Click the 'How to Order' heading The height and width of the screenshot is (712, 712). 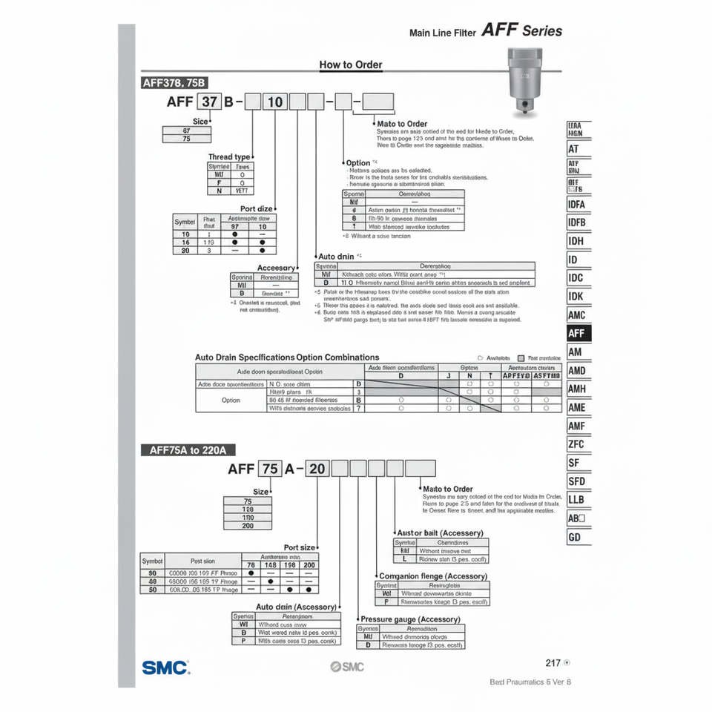tap(351, 65)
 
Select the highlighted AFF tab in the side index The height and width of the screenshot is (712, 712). tap(577, 334)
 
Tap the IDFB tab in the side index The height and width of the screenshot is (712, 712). tap(577, 222)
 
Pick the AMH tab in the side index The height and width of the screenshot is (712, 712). tap(577, 389)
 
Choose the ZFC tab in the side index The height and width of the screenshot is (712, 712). tap(577, 444)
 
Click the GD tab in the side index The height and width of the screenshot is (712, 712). tap(575, 537)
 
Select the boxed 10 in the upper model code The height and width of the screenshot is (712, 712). tap(274, 102)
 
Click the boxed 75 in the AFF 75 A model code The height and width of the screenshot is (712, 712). tap(270, 469)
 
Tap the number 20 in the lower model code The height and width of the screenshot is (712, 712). tap(317, 469)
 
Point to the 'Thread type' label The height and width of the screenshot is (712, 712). tap(229, 157)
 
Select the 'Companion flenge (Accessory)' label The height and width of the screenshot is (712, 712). tap(433, 576)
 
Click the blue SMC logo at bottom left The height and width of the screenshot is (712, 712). tap(165, 667)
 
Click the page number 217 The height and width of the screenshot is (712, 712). tap(553, 663)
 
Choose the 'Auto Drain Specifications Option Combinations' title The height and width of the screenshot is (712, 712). tap(287, 357)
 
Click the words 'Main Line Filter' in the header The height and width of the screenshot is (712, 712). tap(442, 33)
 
